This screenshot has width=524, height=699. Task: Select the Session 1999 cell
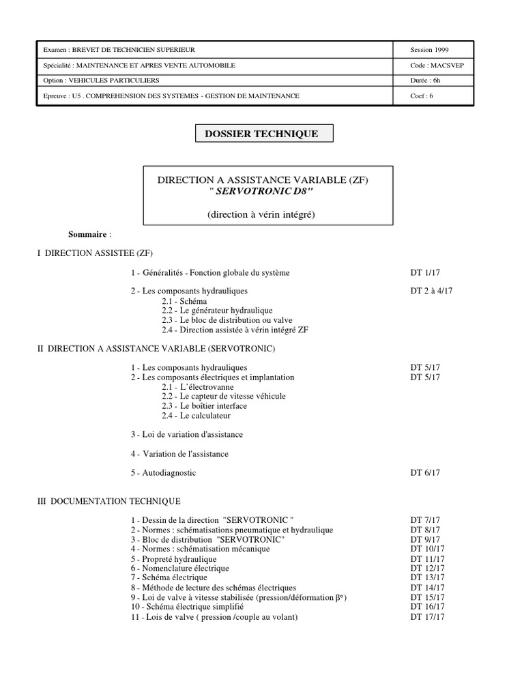point(430,51)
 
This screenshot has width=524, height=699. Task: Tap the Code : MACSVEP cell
point(433,66)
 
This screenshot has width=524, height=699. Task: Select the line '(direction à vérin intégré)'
point(266,215)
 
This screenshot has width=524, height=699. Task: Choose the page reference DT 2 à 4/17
point(432,291)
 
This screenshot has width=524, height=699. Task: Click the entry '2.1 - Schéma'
point(184,301)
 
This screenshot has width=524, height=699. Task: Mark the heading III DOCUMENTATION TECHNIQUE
point(109,501)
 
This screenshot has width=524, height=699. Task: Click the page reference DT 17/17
point(428,617)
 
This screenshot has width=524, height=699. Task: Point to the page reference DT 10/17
point(428,550)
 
